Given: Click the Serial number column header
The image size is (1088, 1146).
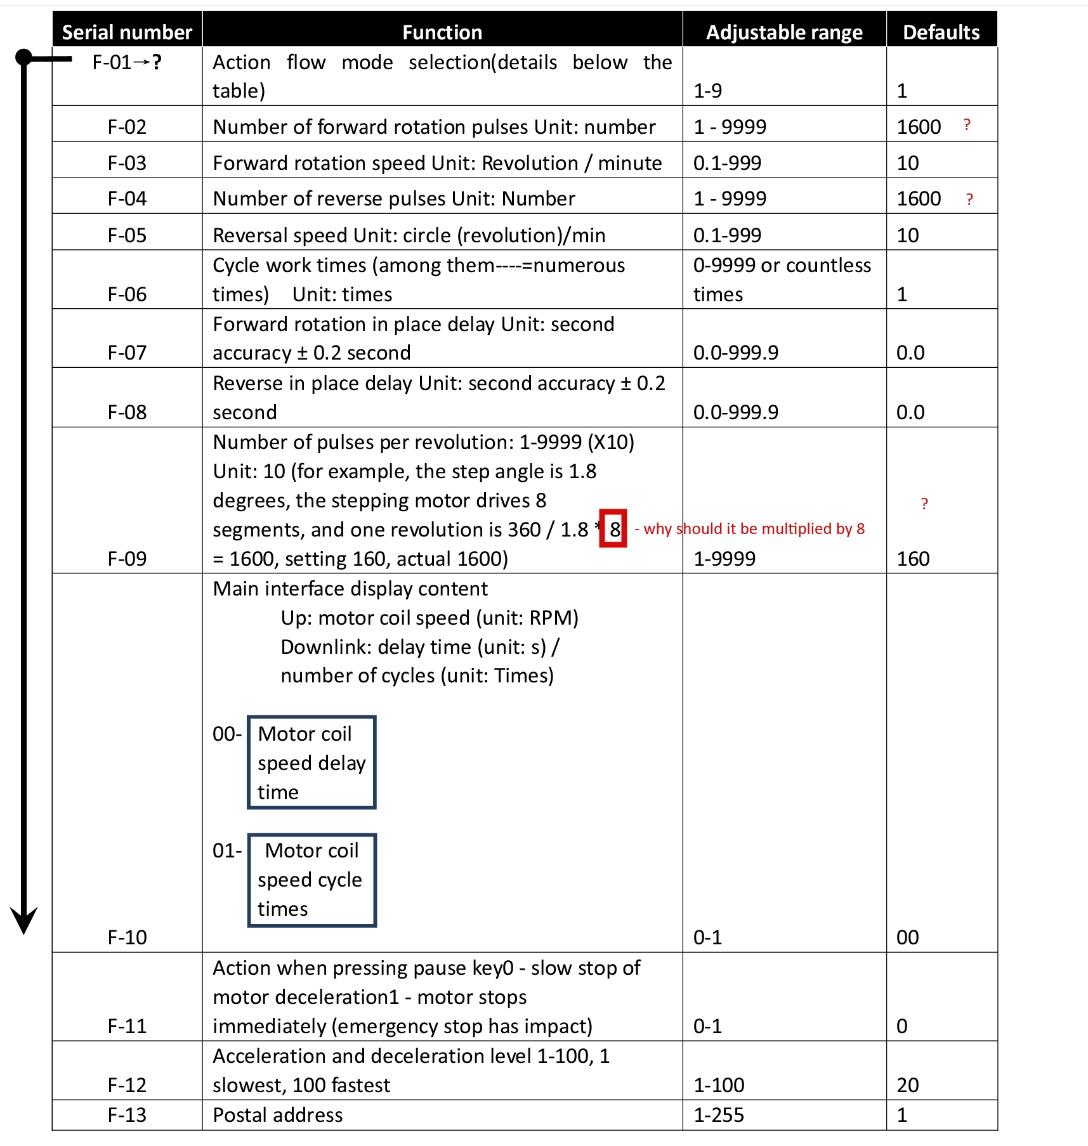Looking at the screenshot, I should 127,32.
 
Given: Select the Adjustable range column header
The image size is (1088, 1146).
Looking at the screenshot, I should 784,32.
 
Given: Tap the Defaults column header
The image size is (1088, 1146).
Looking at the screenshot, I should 941,32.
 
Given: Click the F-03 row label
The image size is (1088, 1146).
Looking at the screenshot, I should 127,163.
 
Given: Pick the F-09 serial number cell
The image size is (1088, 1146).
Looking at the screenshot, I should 127,559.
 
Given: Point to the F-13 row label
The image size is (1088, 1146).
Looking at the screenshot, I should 127,1115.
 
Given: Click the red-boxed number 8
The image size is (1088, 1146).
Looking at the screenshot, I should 613,529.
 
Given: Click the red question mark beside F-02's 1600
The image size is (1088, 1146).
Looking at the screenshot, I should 967,125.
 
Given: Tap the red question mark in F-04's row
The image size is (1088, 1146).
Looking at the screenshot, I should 969,200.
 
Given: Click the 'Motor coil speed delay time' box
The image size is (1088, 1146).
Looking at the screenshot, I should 311,762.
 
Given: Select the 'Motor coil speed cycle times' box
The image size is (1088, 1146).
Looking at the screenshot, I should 311,880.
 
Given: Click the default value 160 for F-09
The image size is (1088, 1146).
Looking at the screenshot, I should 913,559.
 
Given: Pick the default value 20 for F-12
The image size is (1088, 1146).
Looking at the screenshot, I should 907,1085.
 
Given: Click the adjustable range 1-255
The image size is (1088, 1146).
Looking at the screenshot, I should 718,1115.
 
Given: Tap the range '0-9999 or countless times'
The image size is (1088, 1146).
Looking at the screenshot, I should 782,280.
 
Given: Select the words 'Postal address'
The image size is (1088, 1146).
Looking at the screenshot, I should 277,1115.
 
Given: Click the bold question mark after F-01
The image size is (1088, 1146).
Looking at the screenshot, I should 157,62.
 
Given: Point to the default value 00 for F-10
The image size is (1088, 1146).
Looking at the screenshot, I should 907,937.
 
